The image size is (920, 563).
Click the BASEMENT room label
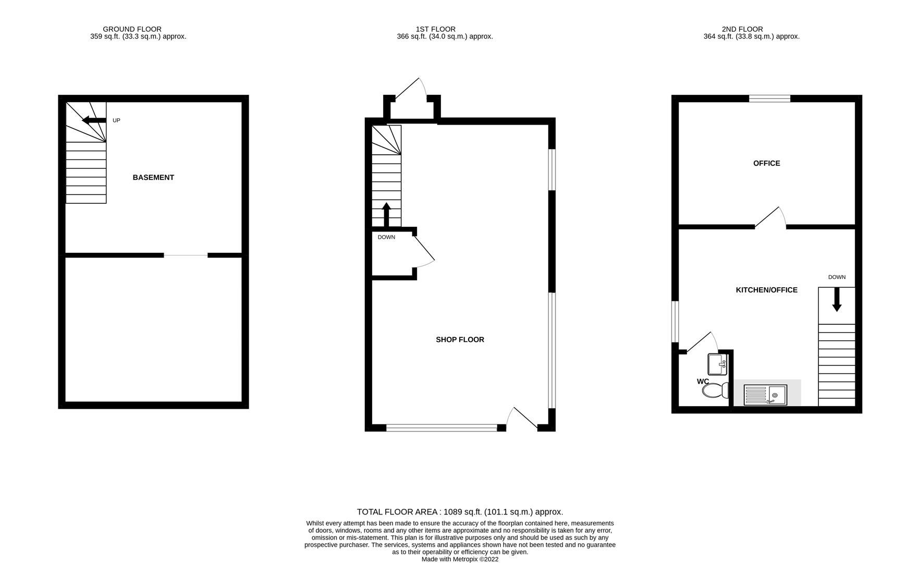coord(153,178)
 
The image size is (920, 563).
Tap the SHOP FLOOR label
coord(460,340)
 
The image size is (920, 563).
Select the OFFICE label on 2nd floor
coord(766,164)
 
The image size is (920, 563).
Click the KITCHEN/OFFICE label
coord(766,290)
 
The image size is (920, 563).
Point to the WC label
coord(703,382)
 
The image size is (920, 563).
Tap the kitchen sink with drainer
coord(765,395)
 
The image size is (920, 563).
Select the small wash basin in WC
coord(717,364)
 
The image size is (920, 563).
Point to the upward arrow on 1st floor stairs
coord(386,214)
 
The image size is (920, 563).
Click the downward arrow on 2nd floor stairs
coord(837,300)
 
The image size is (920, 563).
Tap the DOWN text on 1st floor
coord(386,237)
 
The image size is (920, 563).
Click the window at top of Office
coord(769,98)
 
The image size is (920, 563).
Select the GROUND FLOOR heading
coord(132,29)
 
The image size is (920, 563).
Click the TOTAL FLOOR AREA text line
coord(460,512)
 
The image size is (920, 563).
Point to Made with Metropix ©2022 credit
coord(460,559)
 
